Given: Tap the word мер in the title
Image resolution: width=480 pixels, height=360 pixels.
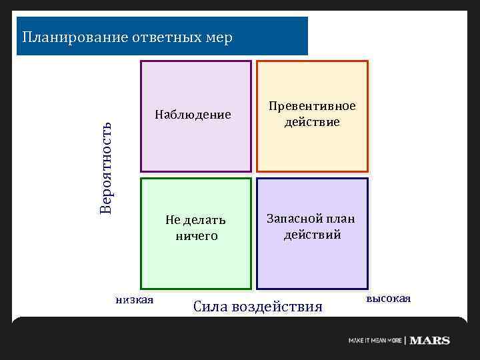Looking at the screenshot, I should (x=219, y=37).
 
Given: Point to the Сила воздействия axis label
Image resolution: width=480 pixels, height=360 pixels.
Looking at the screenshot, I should (x=257, y=307).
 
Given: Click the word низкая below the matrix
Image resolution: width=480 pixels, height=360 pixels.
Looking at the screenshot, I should (x=134, y=299).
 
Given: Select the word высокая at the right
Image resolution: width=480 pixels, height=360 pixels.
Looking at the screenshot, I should (x=388, y=298).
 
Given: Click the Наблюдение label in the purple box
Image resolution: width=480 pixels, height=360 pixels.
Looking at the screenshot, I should (x=193, y=115).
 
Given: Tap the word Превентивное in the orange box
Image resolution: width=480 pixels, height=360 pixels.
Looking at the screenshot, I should (x=312, y=107).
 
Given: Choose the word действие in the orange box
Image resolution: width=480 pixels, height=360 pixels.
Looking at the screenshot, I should (x=312, y=123).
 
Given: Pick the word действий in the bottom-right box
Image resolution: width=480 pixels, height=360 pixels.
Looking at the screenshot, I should (x=312, y=235).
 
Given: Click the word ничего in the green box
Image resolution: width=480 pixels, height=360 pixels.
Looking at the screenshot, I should (x=196, y=236).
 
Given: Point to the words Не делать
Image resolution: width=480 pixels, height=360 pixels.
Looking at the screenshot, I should (x=196, y=220).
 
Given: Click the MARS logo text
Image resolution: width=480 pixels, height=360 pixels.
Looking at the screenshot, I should (x=430, y=341).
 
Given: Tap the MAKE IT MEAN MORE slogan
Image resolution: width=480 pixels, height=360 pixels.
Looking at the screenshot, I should (x=375, y=341).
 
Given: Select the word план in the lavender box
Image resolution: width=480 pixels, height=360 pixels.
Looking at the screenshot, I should (x=341, y=219).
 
